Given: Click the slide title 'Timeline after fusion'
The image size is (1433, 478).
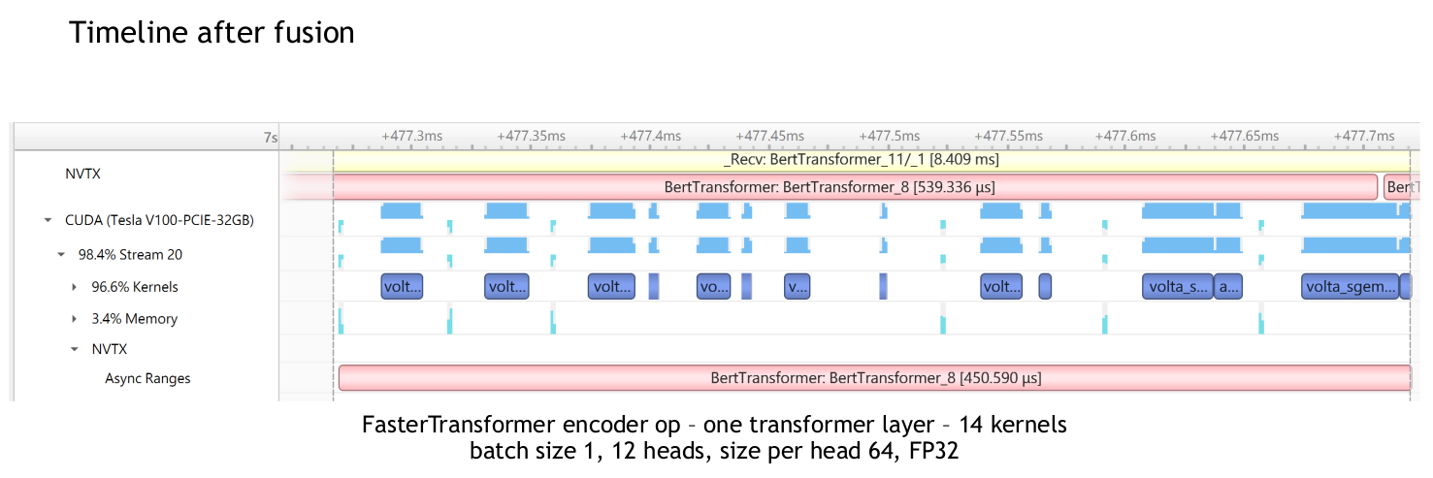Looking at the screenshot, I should pos(212,33).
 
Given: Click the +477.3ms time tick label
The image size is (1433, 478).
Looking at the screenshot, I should pos(411,137).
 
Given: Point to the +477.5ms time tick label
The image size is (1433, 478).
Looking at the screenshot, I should pos(889,137).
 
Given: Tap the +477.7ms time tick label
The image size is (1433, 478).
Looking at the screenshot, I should pos(1364,137).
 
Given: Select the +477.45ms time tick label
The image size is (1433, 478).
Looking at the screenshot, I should pos(769,137).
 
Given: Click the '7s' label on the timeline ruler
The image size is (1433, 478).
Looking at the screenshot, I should pos(271,138).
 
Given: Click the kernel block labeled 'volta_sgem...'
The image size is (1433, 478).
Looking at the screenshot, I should pos(1350,287).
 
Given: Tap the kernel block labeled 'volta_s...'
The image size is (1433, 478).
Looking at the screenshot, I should pos(1178,287).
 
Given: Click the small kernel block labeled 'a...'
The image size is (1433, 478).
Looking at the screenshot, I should pos(1227,287).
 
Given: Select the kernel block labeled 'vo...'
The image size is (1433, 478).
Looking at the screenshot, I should pos(713,287).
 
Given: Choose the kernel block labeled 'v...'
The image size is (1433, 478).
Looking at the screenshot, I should pos(797,287).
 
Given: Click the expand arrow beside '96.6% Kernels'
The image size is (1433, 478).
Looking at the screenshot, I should pos(75,287).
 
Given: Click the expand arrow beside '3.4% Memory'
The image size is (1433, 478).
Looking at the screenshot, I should pos(75,319).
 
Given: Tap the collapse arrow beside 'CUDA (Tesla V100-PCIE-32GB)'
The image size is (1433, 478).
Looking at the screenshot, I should pos(48,221).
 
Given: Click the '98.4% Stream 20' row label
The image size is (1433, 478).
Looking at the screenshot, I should pos(130,255).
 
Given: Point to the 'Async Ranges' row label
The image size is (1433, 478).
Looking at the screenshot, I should pos(147,379).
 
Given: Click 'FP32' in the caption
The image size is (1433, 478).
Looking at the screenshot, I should pos(934,451).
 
